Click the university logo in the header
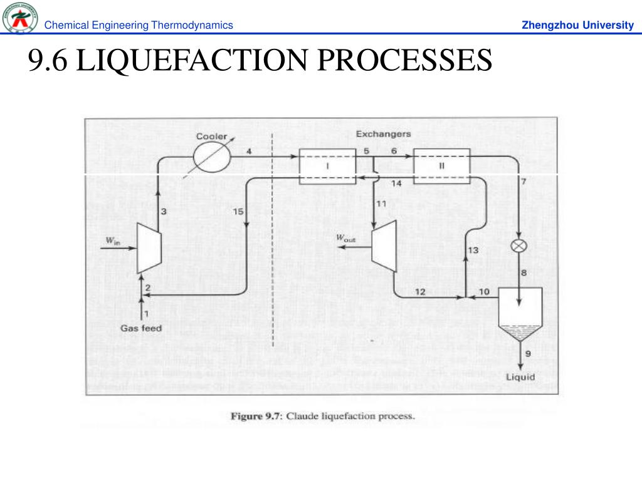pyautogui.click(x=20, y=18)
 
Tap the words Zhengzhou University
pyautogui.click(x=577, y=25)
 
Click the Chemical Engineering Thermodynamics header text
pyautogui.click(x=139, y=25)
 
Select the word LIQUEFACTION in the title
pyautogui.click(x=191, y=60)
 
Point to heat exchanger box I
pyautogui.click(x=327, y=167)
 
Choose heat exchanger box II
pyautogui.click(x=441, y=167)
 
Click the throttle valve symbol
pyautogui.click(x=518, y=246)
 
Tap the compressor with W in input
pyautogui.click(x=149, y=248)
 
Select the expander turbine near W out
pyautogui.click(x=384, y=246)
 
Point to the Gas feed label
pyautogui.click(x=141, y=328)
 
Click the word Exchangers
pyautogui.click(x=383, y=134)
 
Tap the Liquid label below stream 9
pyautogui.click(x=520, y=377)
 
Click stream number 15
pyautogui.click(x=238, y=212)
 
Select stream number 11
pyautogui.click(x=381, y=204)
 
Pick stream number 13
pyautogui.click(x=473, y=250)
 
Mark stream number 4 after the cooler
pyautogui.click(x=249, y=152)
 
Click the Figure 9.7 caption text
pyautogui.click(x=323, y=416)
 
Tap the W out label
pyautogui.click(x=345, y=239)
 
